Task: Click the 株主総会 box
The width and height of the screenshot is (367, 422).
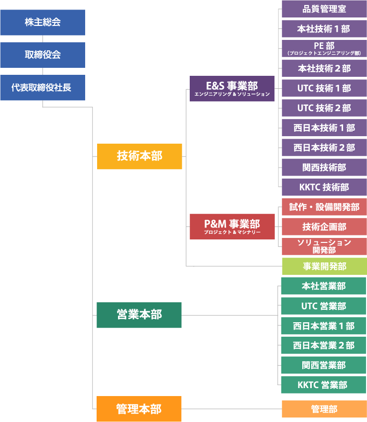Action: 42,22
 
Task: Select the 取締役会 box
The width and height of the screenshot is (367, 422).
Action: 42,55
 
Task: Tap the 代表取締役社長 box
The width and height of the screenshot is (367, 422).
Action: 42,88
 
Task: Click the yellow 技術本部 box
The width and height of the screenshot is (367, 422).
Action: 139,156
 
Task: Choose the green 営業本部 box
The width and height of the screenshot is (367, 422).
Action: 139,315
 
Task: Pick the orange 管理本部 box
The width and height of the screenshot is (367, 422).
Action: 139,409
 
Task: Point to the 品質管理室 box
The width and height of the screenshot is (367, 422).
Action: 324,8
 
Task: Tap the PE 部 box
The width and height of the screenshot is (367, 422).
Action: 324,48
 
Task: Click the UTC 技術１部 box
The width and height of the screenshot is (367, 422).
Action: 324,88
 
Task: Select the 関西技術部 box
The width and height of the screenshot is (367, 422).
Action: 324,168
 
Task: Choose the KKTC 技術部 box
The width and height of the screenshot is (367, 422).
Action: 324,188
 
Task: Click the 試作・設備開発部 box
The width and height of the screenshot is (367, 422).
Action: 324,207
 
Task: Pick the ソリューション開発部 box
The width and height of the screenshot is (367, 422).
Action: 324,246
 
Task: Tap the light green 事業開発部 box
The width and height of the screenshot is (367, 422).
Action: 324,266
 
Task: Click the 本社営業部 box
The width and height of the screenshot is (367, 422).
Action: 324,286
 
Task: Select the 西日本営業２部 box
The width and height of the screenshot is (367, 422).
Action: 324,345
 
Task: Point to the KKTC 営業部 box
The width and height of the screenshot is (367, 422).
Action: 324,385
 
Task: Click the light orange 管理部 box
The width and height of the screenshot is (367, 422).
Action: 324,409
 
